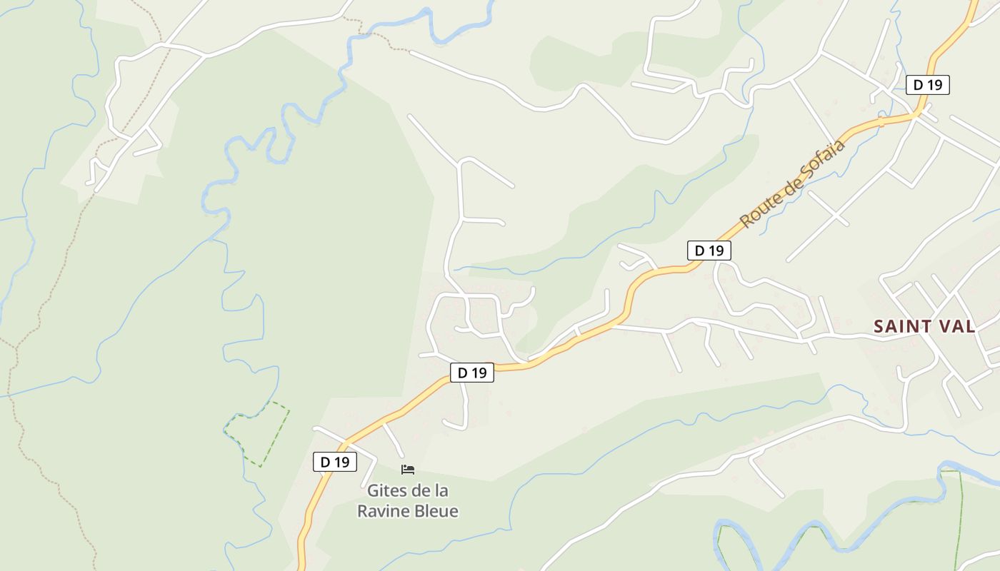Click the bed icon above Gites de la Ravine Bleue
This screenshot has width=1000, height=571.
(x=408, y=469)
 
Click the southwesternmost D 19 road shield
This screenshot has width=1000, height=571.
(x=334, y=462)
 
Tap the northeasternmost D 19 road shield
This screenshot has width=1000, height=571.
(x=928, y=85)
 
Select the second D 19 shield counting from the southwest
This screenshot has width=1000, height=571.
(x=471, y=372)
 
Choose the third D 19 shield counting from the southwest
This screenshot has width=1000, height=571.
(x=709, y=251)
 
